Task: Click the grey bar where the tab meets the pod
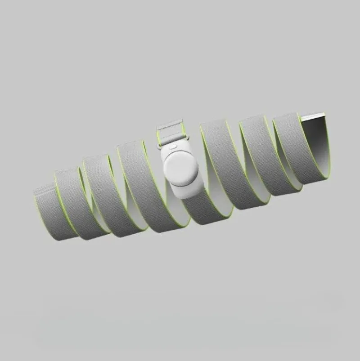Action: (x=172, y=139)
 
